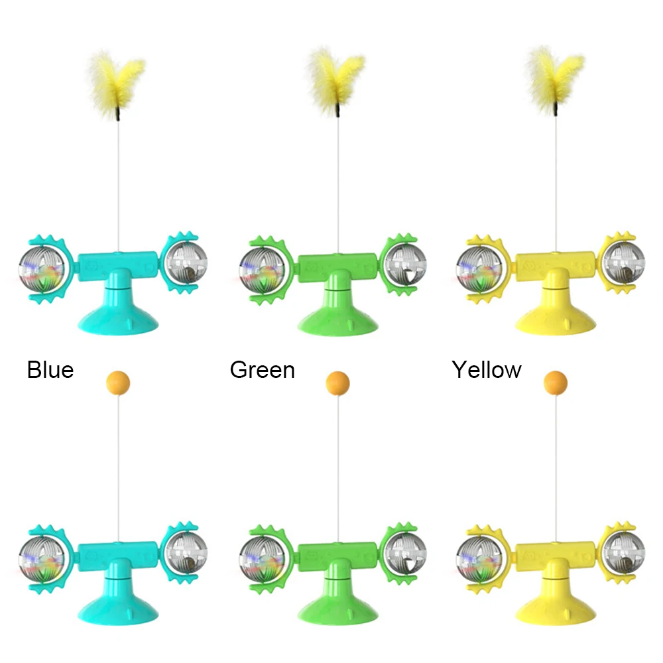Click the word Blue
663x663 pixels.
tap(50, 369)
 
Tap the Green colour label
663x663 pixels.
tap(262, 369)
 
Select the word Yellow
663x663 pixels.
tap(487, 369)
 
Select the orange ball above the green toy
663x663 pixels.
tap(338, 383)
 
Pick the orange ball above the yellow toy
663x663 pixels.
tap(556, 383)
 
